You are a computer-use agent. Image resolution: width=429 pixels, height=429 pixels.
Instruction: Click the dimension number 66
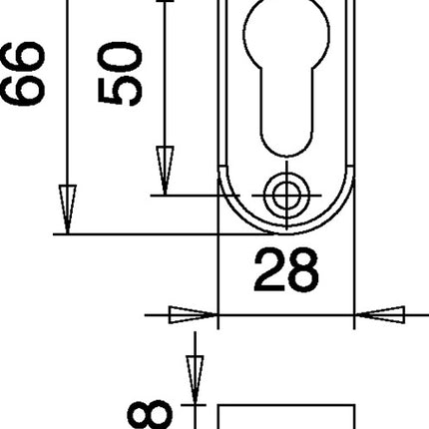coord(22,75)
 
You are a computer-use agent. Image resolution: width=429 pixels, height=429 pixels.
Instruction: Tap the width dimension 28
coord(286,269)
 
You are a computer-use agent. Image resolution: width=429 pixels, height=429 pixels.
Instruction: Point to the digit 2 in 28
coord(268,269)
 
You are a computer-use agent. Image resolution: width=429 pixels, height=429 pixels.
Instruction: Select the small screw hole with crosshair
coord(285,195)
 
